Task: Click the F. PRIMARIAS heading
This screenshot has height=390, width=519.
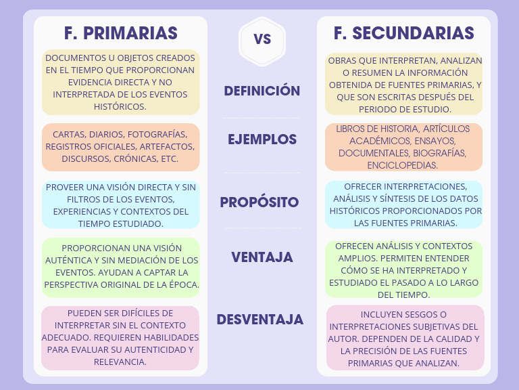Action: pyautogui.click(x=121, y=33)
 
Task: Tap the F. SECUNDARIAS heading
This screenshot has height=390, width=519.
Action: pyautogui.click(x=404, y=33)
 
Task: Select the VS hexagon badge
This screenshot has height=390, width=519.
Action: pyautogui.click(x=262, y=39)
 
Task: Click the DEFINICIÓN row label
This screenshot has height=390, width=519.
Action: pyautogui.click(x=262, y=91)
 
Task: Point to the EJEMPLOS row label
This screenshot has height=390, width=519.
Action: pyautogui.click(x=262, y=139)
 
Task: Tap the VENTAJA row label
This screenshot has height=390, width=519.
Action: pyautogui.click(x=262, y=257)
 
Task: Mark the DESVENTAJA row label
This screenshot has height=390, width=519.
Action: pyautogui.click(x=260, y=320)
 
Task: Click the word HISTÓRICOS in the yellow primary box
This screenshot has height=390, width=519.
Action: pyautogui.click(x=120, y=106)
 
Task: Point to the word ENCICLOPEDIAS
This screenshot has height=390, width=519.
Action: pyautogui.click(x=403, y=165)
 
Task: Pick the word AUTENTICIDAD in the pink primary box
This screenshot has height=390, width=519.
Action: pyautogui.click(x=149, y=349)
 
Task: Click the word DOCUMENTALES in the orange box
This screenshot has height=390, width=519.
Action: pyautogui.click(x=366, y=153)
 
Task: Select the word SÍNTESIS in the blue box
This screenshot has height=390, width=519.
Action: pyautogui.click(x=418, y=198)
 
